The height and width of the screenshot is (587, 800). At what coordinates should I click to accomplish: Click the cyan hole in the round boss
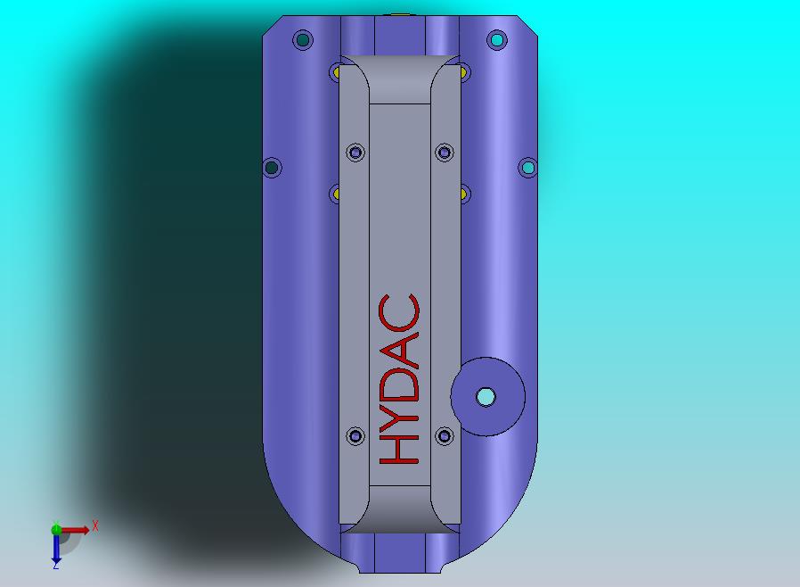click(x=486, y=397)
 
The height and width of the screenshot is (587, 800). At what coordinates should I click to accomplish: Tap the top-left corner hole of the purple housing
click(x=303, y=40)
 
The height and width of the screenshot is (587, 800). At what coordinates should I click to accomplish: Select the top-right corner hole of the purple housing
click(x=497, y=40)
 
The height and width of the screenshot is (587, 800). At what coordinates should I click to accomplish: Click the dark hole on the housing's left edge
click(x=273, y=167)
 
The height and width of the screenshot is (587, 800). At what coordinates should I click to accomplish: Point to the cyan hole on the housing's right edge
click(x=527, y=167)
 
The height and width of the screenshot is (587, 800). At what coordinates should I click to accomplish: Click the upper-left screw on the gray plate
click(x=356, y=153)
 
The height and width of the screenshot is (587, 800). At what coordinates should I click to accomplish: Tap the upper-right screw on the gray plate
click(x=444, y=153)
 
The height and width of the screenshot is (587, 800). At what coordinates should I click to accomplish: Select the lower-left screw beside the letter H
click(x=356, y=436)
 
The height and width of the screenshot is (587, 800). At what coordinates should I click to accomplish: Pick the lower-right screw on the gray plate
click(x=444, y=436)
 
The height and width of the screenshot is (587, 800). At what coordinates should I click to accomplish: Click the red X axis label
click(x=95, y=526)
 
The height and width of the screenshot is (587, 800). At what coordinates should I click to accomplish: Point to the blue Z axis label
click(x=55, y=565)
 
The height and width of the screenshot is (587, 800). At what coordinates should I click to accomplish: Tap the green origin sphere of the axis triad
click(x=56, y=529)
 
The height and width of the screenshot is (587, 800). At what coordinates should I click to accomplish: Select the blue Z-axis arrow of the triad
click(x=56, y=548)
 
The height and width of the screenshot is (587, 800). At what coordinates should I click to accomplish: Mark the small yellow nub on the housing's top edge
click(x=400, y=15)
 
